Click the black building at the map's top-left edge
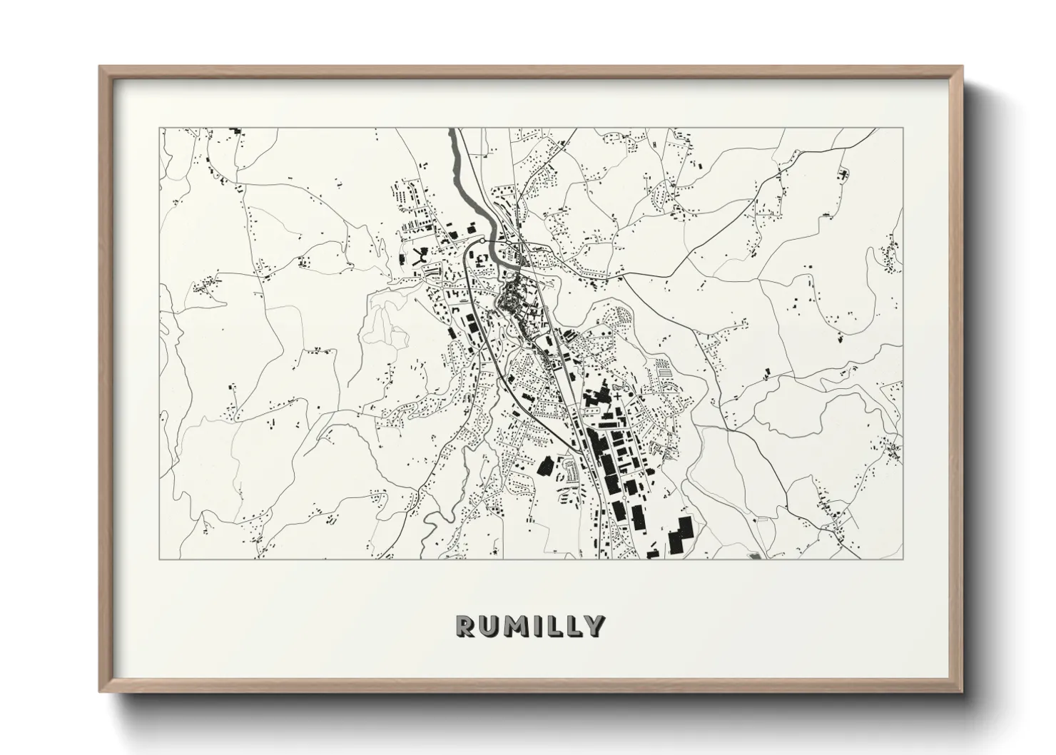point(235,131)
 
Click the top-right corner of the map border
point(903,128)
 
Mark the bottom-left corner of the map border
point(160,559)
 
